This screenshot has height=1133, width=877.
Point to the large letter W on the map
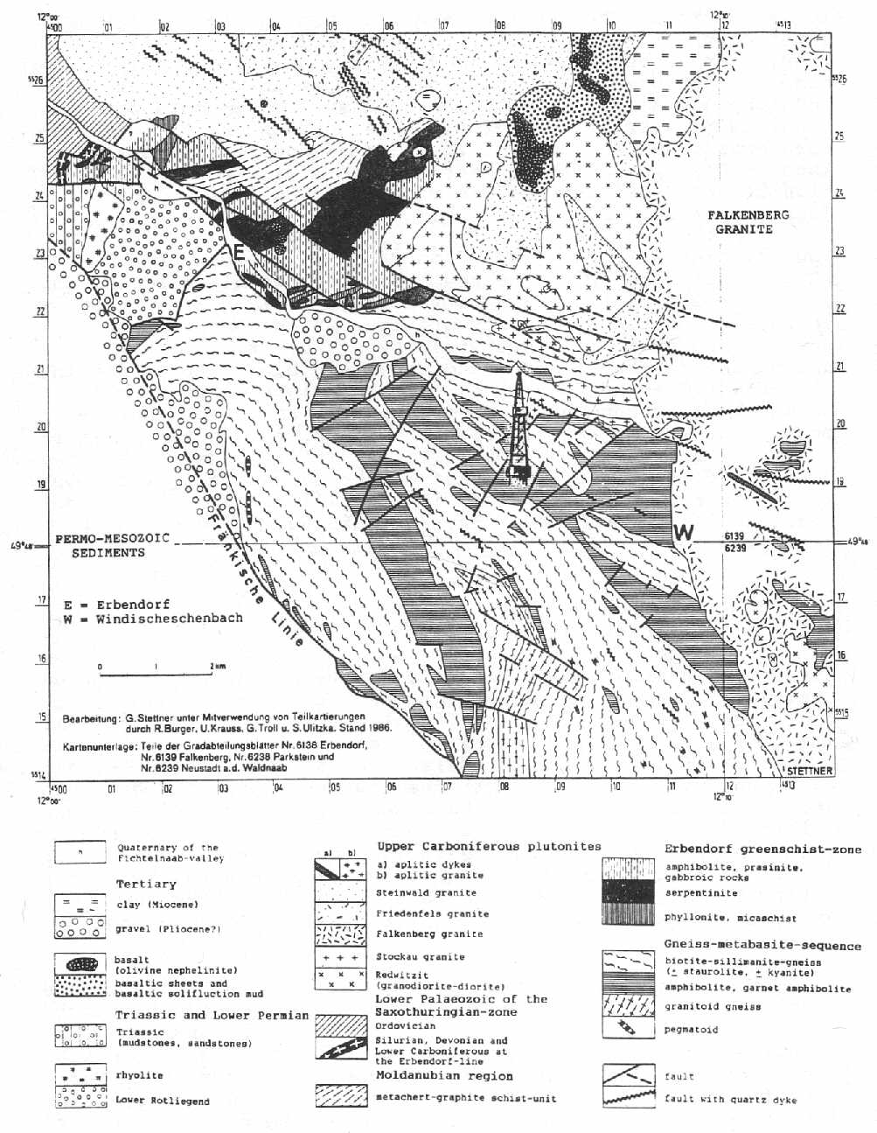[684, 531]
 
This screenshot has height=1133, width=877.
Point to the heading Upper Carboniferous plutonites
[489, 846]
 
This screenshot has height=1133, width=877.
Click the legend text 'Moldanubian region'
[444, 1075]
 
